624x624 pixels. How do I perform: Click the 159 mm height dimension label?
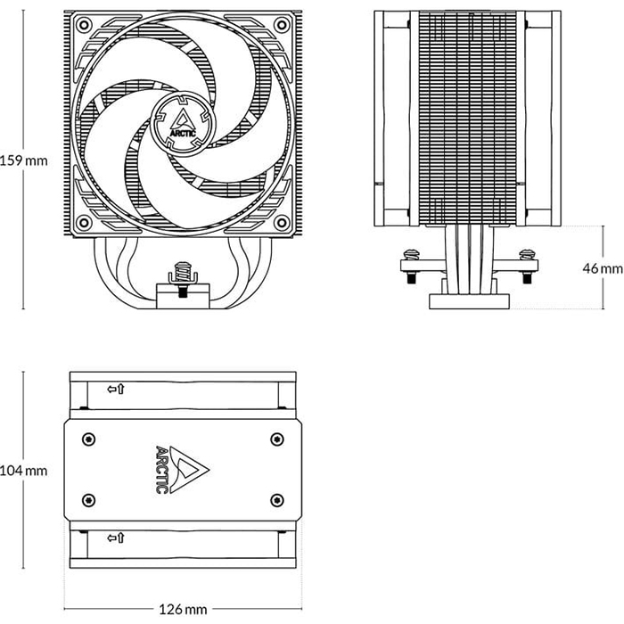[x=23, y=161]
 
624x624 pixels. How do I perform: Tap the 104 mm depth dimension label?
[x=23, y=471]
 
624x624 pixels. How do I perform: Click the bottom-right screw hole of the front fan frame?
[x=283, y=222]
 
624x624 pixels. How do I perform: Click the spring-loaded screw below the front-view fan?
[x=182, y=272]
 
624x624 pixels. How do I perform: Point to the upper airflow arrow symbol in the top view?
[x=115, y=390]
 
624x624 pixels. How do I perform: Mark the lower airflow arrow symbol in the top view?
[x=115, y=538]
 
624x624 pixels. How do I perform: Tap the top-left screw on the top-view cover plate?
[x=86, y=439]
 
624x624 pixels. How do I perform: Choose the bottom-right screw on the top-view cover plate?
[x=276, y=498]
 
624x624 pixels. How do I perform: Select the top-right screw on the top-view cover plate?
[x=276, y=439]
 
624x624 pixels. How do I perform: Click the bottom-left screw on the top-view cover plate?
[x=86, y=498]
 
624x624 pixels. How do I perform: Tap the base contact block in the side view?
[x=469, y=300]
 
